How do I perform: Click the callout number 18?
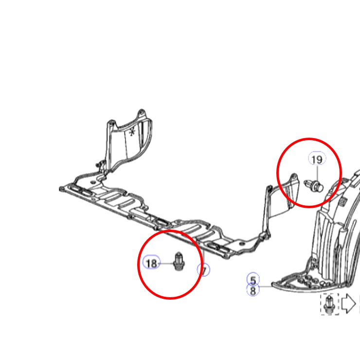tap(151, 263)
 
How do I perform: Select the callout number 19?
tap(317, 160)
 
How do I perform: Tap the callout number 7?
tap(204, 270)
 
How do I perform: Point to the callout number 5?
tap(253, 280)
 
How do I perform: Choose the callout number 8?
tap(253, 290)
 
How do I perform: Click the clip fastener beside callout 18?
tap(179, 261)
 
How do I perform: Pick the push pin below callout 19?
tap(314, 186)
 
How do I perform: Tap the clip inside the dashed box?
tap(329, 305)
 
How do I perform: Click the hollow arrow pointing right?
tap(349, 304)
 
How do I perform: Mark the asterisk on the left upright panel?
tap(132, 132)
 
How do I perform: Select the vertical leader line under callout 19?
tap(318, 173)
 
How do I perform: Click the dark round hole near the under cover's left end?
tap(93, 182)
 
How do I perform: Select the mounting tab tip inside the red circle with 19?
tap(294, 177)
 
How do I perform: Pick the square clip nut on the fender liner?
tap(342, 201)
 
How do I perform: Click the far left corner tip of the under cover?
tap(61, 189)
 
